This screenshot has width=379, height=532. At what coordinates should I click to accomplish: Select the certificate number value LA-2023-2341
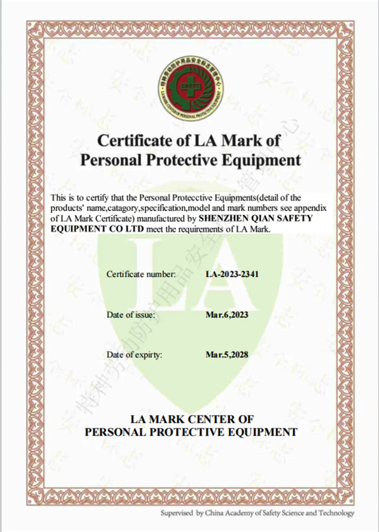[232, 274]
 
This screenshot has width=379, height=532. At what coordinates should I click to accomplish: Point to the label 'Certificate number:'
[141, 274]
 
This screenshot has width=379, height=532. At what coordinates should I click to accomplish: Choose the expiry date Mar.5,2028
[227, 355]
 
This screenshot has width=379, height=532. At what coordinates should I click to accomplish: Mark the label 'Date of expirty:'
[134, 355]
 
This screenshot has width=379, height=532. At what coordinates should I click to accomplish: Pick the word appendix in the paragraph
[312, 208]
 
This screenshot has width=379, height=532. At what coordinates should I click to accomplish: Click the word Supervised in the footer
[177, 513]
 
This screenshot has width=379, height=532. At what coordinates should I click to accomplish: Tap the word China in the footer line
[214, 513]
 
